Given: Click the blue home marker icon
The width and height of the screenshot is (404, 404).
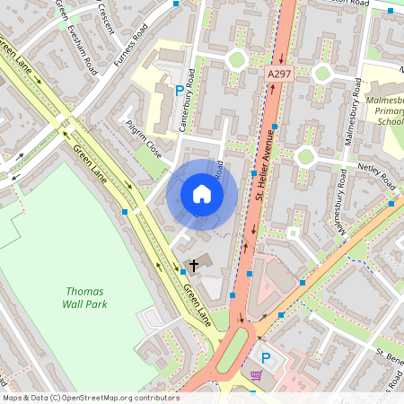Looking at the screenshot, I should [x=202, y=193].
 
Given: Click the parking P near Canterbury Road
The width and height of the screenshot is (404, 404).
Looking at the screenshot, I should [x=180, y=90].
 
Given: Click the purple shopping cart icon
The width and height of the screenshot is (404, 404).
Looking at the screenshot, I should [x=257, y=374].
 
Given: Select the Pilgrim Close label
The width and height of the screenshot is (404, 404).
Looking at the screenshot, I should [x=144, y=140].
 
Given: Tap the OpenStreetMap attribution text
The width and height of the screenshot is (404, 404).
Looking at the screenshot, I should [x=90, y=397].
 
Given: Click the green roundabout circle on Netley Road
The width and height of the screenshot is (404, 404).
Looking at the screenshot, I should [x=305, y=156].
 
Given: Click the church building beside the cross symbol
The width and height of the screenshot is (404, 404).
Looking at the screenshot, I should [x=200, y=263].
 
